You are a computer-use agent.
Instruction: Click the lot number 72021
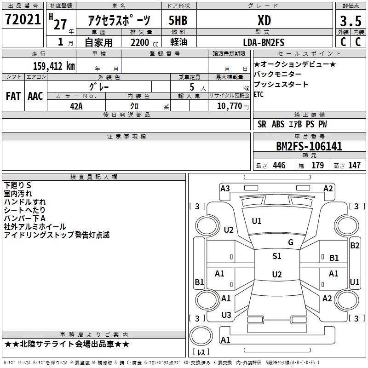(23, 20)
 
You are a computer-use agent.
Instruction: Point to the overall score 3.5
(350, 21)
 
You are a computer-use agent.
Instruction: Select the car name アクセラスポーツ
(119, 21)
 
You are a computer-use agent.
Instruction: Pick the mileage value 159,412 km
(54, 66)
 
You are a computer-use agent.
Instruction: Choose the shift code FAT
(13, 96)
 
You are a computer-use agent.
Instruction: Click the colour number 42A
(76, 106)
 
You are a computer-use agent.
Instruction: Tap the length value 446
(279, 166)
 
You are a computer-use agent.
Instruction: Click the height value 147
(354, 166)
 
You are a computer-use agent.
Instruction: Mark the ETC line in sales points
(259, 95)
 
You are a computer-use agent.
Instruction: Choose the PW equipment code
(322, 124)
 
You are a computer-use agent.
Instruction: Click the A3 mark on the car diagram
(225, 189)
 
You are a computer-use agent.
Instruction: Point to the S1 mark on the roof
(276, 256)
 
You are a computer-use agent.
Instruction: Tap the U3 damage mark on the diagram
(226, 315)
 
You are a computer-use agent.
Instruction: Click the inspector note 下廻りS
(17, 185)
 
